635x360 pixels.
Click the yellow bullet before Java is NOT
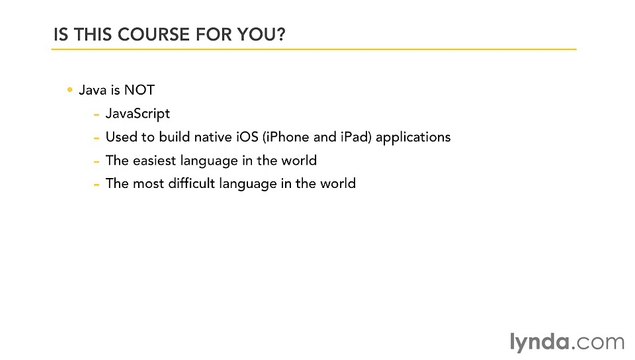[70, 90]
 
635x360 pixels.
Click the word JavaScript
[140, 113]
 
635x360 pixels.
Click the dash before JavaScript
[96, 113]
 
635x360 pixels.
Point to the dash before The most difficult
[96, 184]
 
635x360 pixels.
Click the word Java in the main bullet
[93, 90]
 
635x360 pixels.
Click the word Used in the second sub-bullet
[121, 136]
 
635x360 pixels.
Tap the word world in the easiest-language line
[298, 160]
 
